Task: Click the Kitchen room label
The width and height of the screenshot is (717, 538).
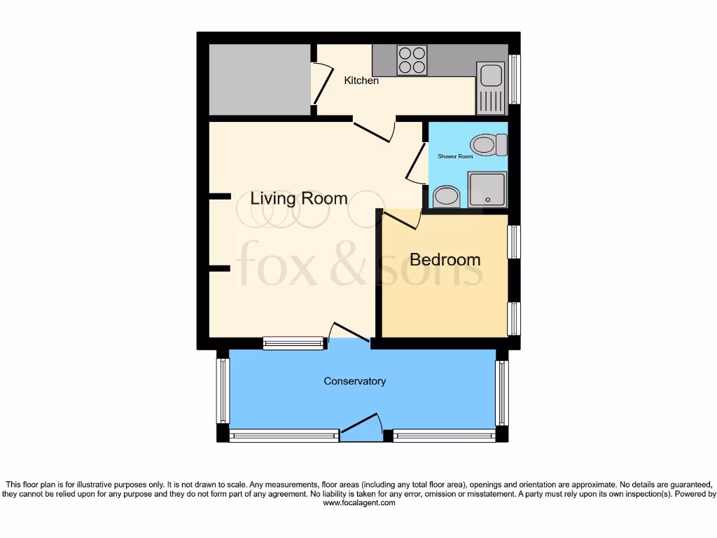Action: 361,81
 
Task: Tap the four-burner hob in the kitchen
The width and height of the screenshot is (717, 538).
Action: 412,60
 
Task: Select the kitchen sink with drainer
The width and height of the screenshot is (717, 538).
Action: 490,88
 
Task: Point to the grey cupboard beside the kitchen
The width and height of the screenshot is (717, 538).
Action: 260,79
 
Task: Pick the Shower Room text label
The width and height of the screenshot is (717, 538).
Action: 455,156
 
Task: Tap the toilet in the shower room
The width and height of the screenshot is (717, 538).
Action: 489,146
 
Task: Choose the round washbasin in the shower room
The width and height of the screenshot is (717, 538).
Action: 445,197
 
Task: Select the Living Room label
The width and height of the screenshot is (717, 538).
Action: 299,198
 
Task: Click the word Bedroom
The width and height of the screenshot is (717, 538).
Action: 445,259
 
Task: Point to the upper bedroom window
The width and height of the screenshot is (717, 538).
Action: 514,242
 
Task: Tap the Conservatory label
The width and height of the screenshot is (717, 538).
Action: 354,381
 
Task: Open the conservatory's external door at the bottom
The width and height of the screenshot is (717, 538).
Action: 361,426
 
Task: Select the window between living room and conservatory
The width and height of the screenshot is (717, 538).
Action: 294,343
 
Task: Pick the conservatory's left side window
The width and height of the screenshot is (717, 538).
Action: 223,390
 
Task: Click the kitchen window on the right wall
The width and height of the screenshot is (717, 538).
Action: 515,78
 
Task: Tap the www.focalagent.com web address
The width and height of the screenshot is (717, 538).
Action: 358,503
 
